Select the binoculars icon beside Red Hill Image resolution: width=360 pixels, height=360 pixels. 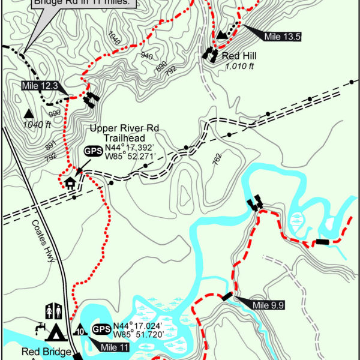210,54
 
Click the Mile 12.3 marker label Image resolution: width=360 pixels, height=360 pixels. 39,86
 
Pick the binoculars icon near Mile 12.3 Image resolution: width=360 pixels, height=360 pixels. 91,99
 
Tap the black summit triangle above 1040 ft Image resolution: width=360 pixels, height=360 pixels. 28,113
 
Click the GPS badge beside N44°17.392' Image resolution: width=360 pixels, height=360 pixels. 93,152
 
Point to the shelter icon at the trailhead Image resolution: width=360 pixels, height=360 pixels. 70,181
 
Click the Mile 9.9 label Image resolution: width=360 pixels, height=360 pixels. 268,305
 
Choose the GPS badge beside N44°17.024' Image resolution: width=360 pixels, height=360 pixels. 100,329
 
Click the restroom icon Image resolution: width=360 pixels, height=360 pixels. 52,311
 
